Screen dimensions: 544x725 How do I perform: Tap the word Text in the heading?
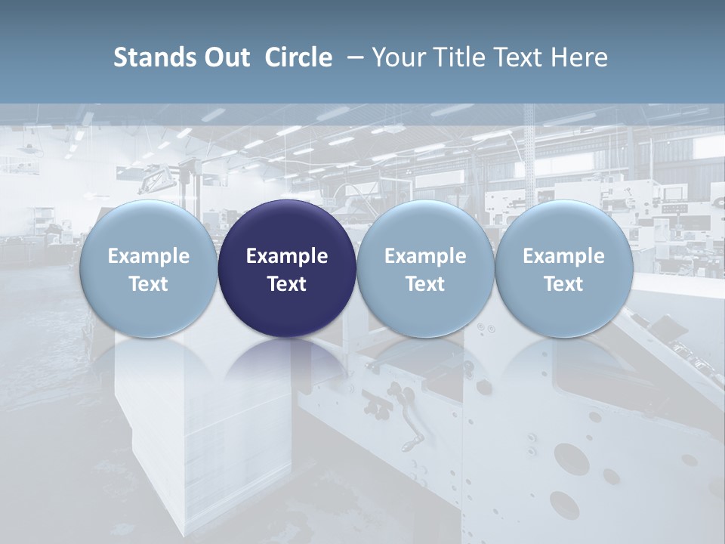click(516, 57)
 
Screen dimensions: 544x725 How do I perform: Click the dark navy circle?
click(287, 227)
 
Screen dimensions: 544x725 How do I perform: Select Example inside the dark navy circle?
click(287, 256)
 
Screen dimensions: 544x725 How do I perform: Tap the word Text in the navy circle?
click(287, 284)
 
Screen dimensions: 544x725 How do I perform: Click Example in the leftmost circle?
click(149, 256)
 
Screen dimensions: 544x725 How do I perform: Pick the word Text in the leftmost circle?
click(149, 284)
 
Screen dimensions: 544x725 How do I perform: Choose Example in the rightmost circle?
click(563, 256)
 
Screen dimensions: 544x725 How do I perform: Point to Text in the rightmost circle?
click(563, 284)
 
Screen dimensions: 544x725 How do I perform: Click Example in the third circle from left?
click(425, 256)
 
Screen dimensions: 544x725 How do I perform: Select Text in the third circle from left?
click(425, 284)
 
